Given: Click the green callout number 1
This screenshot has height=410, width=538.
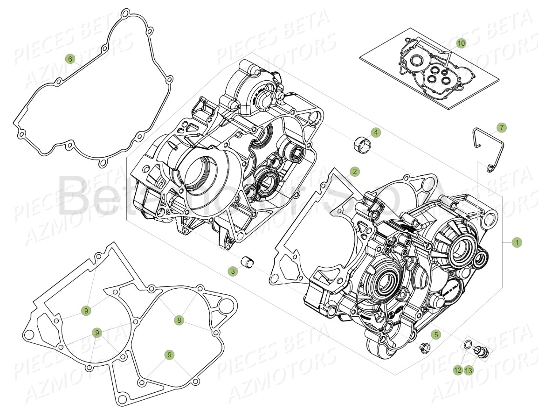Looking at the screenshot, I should click(516, 243).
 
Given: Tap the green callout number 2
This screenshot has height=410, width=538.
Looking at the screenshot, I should click(355, 172).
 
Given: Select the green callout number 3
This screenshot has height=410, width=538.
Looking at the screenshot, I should click(233, 271).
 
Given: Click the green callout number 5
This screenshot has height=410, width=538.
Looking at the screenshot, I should click(435, 334).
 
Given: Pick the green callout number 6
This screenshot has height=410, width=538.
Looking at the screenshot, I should click(70, 59).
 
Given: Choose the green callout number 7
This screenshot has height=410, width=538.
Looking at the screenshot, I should click(501, 127).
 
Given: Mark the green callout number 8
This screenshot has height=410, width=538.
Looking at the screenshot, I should click(179, 320).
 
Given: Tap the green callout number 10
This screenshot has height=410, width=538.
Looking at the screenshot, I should click(461, 43).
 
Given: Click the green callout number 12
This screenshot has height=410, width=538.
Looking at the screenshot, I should click(458, 370).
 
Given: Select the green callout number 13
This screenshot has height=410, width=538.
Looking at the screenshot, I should click(468, 370).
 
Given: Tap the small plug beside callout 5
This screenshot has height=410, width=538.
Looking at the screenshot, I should click(424, 347).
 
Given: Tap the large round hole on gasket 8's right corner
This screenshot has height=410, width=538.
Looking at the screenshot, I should click(225, 306).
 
